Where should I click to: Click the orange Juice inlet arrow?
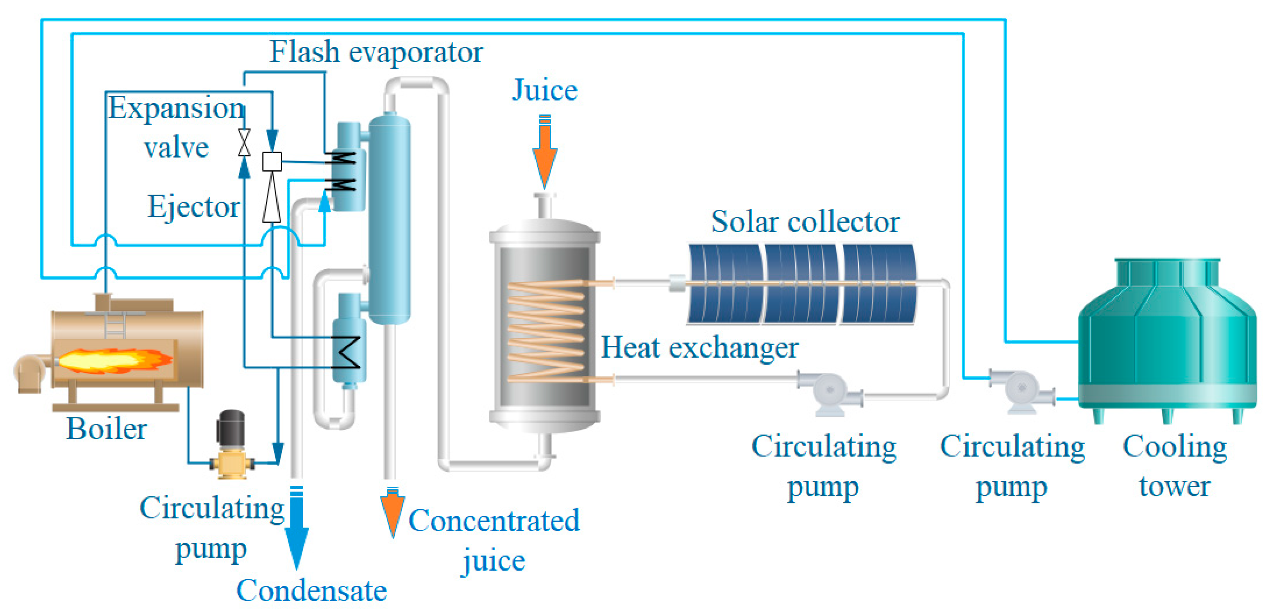[x=544, y=153]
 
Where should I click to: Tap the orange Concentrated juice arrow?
[x=392, y=513]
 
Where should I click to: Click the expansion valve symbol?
[x=244, y=143]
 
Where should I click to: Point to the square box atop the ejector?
[x=272, y=161]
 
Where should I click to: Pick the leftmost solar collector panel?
[x=725, y=284]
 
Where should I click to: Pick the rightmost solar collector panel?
[x=878, y=284]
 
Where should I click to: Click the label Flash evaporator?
[x=376, y=52]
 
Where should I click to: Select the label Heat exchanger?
[x=699, y=348]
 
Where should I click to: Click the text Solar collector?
[x=805, y=222]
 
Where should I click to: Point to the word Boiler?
[x=107, y=429]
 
